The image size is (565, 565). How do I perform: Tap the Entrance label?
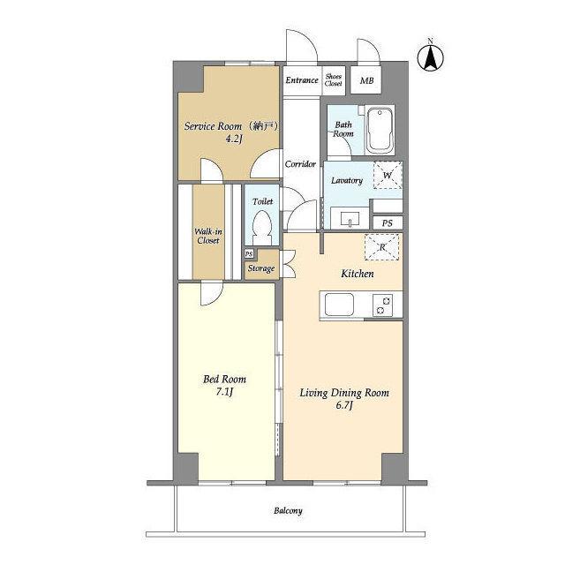pyautogui.click(x=302, y=80)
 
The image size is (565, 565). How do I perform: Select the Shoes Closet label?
pyautogui.click(x=334, y=80)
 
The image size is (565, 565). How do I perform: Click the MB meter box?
pyautogui.click(x=366, y=80)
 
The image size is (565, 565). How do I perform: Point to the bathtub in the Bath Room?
pyautogui.click(x=380, y=130)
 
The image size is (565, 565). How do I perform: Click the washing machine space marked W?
pyautogui.click(x=388, y=175)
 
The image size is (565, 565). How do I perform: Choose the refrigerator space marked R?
pyautogui.click(x=382, y=247)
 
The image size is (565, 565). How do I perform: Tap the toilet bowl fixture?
pyautogui.click(x=262, y=228)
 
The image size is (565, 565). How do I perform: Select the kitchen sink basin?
pyautogui.click(x=339, y=305)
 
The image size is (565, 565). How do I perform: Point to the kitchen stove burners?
pyautogui.click(x=382, y=305)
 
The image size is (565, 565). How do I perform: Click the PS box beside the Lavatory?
pyautogui.click(x=388, y=223)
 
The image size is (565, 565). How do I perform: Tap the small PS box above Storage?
pyautogui.click(x=249, y=253)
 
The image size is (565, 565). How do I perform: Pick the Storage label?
pyautogui.click(x=261, y=268)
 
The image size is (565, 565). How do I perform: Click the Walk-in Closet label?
pyautogui.click(x=208, y=236)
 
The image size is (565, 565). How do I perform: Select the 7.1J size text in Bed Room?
pyautogui.click(x=224, y=392)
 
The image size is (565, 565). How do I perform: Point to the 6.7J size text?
pyautogui.click(x=343, y=406)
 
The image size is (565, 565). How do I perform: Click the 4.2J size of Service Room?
pyautogui.click(x=233, y=139)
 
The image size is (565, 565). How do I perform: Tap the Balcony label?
pyautogui.click(x=288, y=510)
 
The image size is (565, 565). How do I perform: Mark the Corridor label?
pyautogui.click(x=300, y=164)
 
